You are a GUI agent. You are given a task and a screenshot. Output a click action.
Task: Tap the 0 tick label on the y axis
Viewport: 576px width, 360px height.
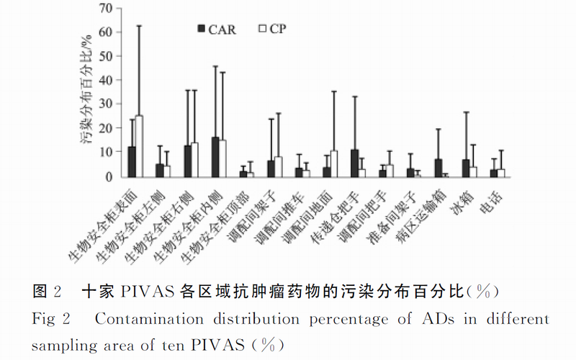110,176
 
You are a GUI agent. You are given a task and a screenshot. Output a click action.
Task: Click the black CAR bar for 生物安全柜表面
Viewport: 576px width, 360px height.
132,162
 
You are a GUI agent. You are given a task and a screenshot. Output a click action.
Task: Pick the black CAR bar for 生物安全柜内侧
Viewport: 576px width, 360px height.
215,157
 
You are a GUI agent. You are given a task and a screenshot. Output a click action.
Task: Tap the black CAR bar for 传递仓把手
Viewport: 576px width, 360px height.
354,163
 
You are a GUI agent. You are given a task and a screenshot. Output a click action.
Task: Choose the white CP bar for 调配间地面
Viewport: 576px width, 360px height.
333,164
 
